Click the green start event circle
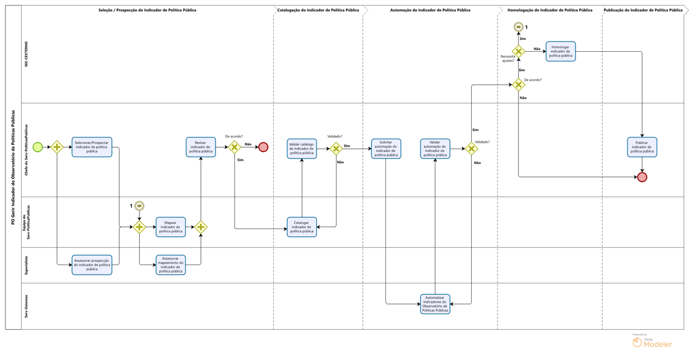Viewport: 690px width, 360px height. (38, 147)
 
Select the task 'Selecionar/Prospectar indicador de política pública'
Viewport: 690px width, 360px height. (92, 147)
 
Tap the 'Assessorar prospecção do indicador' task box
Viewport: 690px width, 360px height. (92, 265)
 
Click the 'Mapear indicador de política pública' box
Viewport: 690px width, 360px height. (170, 227)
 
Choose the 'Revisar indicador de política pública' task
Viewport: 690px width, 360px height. (201, 147)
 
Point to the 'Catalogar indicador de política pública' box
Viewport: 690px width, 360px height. (301, 227)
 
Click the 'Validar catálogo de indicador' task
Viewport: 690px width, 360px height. (301, 148)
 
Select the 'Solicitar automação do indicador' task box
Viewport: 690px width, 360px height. (385, 148)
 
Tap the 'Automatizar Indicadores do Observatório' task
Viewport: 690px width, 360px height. (435, 304)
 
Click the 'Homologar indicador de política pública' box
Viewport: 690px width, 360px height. (560, 51)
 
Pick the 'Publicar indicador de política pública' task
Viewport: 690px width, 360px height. (641, 147)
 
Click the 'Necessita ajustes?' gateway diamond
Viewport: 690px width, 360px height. (518, 51)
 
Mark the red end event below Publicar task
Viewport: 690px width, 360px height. (642, 177)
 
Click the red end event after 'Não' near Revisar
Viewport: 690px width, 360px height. (263, 147)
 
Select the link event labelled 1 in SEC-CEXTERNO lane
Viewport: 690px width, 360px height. (518, 27)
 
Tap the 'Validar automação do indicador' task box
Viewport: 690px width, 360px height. (435, 148)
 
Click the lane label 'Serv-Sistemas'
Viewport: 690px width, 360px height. (25, 306)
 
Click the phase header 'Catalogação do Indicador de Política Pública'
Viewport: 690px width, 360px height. (318, 10)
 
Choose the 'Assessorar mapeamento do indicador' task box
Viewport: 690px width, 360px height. (170, 265)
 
